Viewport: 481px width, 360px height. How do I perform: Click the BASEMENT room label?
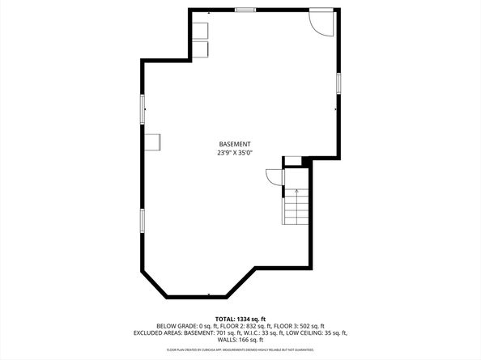click(x=234, y=144)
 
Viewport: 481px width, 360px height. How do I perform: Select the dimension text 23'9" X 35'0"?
click(x=234, y=152)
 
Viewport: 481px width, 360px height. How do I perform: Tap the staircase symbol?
click(x=296, y=207)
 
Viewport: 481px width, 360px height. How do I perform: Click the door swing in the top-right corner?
click(x=321, y=22)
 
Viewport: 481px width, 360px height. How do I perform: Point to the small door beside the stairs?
click(x=273, y=177)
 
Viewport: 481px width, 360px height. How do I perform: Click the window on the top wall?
click(x=244, y=10)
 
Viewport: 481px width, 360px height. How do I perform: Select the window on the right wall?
click(x=338, y=83)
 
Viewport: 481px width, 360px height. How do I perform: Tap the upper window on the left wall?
click(x=143, y=108)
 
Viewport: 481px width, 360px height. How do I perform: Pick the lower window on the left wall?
click(x=143, y=219)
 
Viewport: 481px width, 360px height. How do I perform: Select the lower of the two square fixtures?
click(x=200, y=49)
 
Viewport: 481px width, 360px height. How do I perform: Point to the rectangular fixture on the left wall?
click(x=154, y=142)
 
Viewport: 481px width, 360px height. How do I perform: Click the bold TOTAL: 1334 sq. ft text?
click(x=240, y=319)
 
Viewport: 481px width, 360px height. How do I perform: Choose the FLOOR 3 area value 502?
click(x=299, y=326)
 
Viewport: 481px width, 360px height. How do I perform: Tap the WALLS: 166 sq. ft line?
click(x=240, y=341)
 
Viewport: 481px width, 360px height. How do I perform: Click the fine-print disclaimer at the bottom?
click(x=240, y=350)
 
